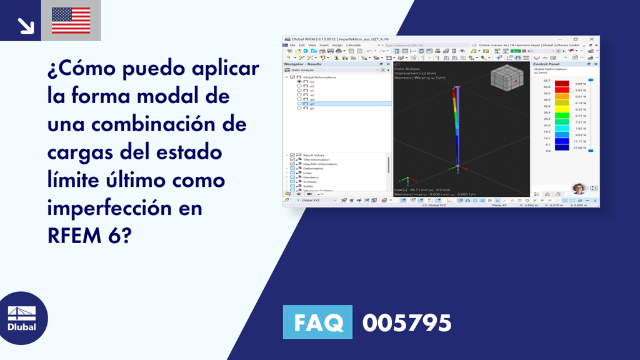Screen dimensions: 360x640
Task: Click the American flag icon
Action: [x=71, y=20]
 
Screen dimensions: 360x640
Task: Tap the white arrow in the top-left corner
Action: [x=26, y=25]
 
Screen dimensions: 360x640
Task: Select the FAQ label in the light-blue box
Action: [x=317, y=322]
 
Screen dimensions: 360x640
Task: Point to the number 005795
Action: [x=407, y=322]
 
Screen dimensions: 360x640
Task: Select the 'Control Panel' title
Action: [x=546, y=64]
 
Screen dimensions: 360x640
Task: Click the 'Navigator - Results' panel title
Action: [x=302, y=64]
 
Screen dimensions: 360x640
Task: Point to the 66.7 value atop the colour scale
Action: [x=546, y=81]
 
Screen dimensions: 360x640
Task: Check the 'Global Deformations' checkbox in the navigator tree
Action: [x=292, y=77]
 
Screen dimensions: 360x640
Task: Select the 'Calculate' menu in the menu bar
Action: [x=353, y=45]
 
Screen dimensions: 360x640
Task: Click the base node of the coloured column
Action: [x=457, y=166]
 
